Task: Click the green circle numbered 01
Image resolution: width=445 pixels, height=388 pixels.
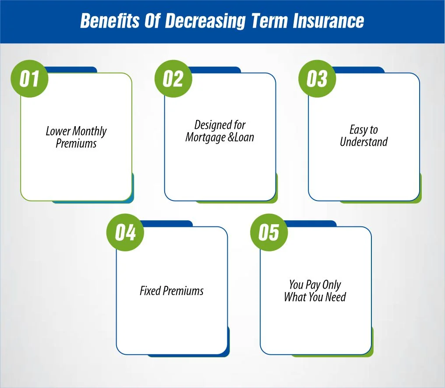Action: [30, 79]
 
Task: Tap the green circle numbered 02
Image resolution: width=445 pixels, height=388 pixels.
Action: [173, 79]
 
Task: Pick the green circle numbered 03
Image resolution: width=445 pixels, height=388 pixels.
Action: [317, 79]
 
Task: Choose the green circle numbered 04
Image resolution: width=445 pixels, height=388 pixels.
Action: [126, 233]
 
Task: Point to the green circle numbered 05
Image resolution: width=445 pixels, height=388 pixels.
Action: [269, 233]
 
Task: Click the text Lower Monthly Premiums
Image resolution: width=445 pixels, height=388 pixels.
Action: [76, 137]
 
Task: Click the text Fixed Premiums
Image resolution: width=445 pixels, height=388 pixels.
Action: [171, 291]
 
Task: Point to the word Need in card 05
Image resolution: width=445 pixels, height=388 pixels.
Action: [336, 297]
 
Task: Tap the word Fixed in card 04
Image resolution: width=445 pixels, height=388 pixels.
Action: [150, 291]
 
